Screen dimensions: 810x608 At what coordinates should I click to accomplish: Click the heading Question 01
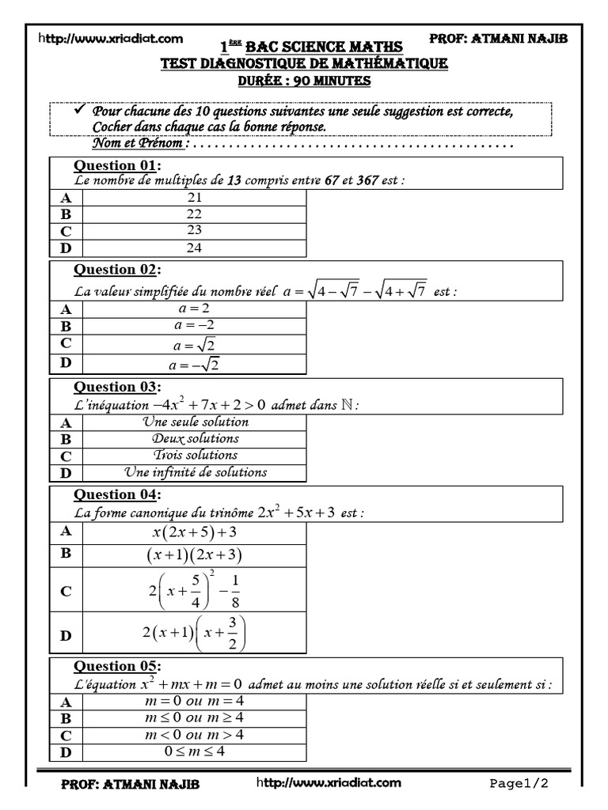point(116,165)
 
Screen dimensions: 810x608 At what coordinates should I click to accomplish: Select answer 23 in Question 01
point(195,231)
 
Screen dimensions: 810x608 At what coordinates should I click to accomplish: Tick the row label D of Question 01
point(66,248)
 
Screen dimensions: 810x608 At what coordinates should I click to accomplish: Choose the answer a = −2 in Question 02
point(195,325)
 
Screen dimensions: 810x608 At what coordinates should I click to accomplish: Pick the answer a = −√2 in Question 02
point(195,364)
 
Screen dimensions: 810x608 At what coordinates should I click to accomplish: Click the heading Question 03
point(116,387)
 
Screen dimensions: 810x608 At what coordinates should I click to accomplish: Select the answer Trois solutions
point(195,456)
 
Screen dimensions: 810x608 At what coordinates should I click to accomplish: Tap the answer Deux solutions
point(195,438)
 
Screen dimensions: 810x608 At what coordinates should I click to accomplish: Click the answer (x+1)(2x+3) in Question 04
point(195,555)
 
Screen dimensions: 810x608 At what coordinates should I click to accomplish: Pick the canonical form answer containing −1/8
point(195,591)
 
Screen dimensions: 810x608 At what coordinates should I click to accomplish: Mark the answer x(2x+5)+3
point(195,532)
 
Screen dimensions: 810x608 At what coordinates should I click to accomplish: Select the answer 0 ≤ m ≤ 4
point(195,751)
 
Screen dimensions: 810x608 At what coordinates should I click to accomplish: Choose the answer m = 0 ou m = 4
point(195,702)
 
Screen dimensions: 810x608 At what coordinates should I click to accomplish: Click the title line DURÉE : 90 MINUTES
point(305,81)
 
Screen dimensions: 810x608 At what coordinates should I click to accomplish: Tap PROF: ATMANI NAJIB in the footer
point(131,785)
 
